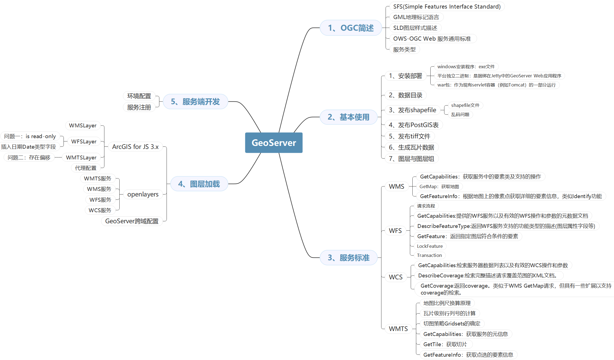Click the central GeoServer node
click(274, 143)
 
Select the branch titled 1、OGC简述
click(351, 28)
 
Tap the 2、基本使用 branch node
click(348, 117)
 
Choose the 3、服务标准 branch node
click(348, 258)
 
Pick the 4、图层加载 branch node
click(199, 184)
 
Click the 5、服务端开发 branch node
click(195, 102)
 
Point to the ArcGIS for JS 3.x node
click(135, 147)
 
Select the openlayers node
click(143, 195)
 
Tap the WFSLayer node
click(84, 141)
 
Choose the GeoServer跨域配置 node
click(132, 221)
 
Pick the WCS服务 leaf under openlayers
click(100, 210)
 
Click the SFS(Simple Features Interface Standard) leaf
click(447, 7)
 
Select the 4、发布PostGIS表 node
click(413, 125)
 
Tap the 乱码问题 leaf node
click(460, 114)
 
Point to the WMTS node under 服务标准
click(398, 329)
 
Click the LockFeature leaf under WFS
click(429, 246)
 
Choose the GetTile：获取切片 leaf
click(445, 344)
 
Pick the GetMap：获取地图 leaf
click(439, 186)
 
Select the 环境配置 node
click(139, 96)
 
